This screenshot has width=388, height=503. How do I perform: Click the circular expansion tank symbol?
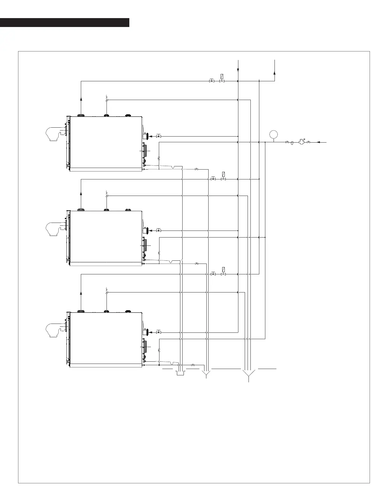tap(273, 134)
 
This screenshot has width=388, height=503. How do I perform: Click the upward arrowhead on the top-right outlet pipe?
tap(275, 73)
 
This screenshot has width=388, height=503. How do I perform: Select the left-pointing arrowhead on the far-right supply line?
tap(319, 142)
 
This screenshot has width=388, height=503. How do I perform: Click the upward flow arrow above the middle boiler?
tap(81, 193)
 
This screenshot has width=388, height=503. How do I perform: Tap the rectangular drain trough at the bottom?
tap(180, 373)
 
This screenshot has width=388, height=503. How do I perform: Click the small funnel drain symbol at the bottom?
tap(206, 374)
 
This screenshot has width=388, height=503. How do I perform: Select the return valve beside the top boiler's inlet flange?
tap(158, 136)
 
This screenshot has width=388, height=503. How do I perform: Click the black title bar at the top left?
tap(65, 23)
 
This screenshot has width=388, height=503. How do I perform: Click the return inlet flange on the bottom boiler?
tap(146, 332)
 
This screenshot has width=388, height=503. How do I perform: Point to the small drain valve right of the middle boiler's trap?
tap(197, 264)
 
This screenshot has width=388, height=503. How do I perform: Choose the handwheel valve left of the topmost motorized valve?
tap(211, 81)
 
